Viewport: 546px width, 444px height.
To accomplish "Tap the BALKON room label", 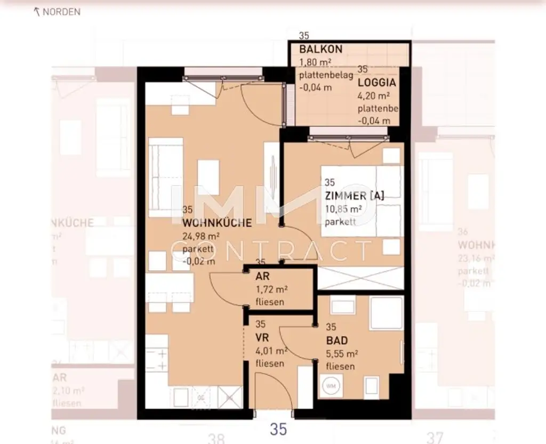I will tap(320, 49).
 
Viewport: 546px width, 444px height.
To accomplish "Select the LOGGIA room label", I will tap(376, 83).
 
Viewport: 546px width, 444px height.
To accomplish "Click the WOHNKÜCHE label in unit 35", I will tap(216, 223).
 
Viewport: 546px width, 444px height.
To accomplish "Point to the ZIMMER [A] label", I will tap(354, 196).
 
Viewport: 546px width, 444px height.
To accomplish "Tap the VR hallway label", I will tap(262, 338).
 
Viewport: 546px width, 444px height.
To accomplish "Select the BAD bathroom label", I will tap(337, 341).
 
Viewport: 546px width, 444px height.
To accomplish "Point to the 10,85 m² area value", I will tap(343, 209).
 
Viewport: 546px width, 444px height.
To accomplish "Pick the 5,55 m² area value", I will tap(341, 353).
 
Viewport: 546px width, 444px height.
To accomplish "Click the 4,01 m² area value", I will tap(272, 351).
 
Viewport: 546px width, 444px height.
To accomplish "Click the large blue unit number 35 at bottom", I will tap(278, 429).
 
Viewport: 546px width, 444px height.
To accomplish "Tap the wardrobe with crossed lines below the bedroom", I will tap(360, 278).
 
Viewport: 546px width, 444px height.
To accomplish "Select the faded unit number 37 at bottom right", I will tap(435, 437).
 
